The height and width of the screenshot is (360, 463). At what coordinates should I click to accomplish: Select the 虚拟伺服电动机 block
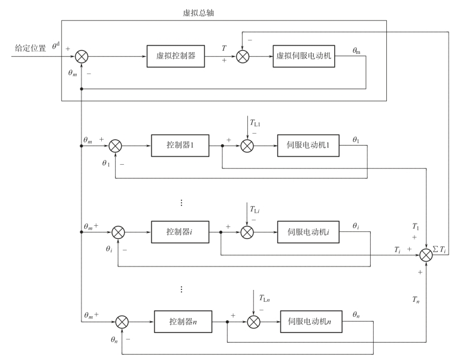(304, 56)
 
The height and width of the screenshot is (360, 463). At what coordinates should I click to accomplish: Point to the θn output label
(356, 314)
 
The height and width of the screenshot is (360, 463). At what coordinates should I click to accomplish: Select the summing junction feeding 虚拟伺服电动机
(242, 57)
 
